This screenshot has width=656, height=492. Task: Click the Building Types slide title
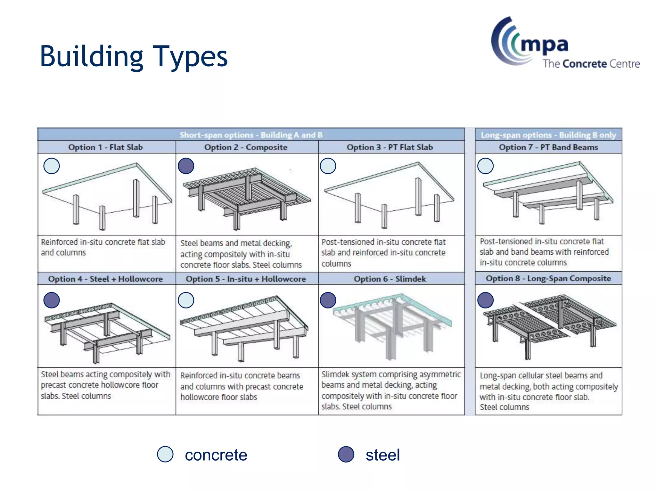tap(133, 57)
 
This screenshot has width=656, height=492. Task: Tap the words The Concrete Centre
tap(591, 64)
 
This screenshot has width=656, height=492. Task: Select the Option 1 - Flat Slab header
tap(105, 147)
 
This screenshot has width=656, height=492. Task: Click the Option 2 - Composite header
tap(246, 147)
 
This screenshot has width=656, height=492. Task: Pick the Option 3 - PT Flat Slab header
tap(389, 147)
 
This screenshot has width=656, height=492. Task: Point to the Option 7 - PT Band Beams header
tap(548, 147)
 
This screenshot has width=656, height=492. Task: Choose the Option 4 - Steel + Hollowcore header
tap(105, 279)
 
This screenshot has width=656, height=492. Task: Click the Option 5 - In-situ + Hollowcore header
tap(246, 279)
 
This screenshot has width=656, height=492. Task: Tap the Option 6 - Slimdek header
tap(389, 279)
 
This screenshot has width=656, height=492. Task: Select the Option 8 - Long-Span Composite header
tap(548, 278)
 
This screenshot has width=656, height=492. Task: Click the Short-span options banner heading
tap(251, 135)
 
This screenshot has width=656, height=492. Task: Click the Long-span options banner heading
tap(548, 135)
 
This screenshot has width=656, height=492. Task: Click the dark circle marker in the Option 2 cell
tap(186, 166)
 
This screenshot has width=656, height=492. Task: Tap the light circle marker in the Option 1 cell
tap(52, 166)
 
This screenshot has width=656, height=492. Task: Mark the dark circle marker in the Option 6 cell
tap(328, 300)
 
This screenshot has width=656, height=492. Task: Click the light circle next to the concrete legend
tap(165, 454)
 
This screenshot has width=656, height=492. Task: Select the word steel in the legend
tap(382, 455)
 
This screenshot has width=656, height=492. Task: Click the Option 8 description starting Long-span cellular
tap(548, 391)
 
